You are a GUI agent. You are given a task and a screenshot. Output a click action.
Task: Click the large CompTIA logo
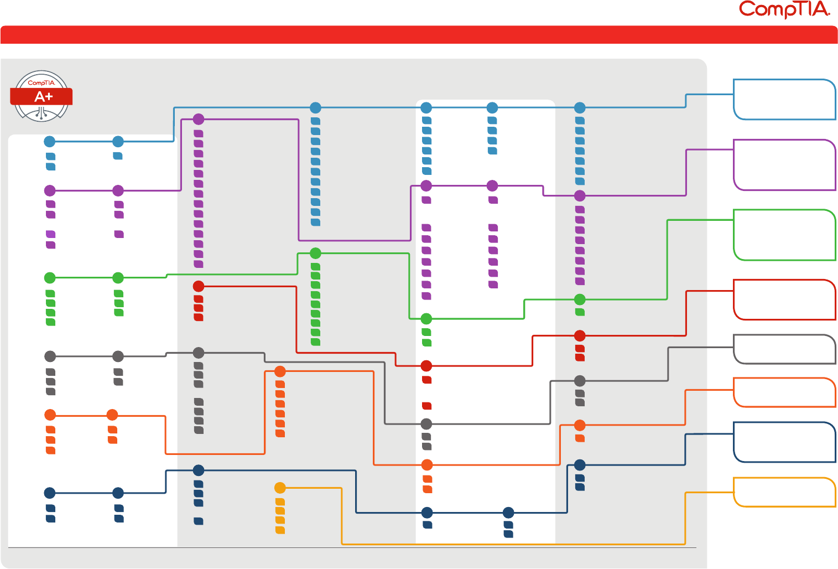(x=784, y=9)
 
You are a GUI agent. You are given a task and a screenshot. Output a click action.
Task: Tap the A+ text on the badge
(x=44, y=97)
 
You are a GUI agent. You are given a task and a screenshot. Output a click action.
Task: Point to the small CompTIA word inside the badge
(x=41, y=83)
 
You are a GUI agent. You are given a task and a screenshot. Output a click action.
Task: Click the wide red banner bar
(x=419, y=34)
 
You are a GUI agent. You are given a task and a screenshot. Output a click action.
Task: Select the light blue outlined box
(x=784, y=100)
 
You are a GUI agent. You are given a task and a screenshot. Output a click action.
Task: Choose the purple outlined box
(x=784, y=165)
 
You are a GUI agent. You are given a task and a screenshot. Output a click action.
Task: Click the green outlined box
(x=784, y=235)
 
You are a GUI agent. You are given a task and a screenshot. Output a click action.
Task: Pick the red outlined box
(x=784, y=299)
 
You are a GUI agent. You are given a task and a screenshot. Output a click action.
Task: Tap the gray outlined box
(x=784, y=349)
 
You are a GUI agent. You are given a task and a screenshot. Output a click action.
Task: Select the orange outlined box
(x=784, y=392)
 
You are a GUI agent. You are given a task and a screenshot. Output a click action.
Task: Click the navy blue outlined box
(x=784, y=442)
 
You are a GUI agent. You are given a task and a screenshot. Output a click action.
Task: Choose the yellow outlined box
(x=784, y=492)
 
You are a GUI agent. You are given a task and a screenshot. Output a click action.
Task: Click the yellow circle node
(x=280, y=488)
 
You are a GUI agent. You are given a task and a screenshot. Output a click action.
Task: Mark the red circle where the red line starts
(x=199, y=286)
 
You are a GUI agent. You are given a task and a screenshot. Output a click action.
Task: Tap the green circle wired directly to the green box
(x=580, y=299)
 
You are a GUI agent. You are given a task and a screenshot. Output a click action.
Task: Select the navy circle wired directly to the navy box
(x=580, y=465)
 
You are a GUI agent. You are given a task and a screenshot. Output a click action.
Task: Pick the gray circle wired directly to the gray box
(x=580, y=381)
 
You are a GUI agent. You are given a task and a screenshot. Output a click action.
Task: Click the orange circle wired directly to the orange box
(x=580, y=425)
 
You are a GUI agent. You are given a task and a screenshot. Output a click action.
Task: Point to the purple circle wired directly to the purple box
(x=580, y=195)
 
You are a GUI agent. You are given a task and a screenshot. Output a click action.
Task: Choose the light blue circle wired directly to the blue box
(x=580, y=107)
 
